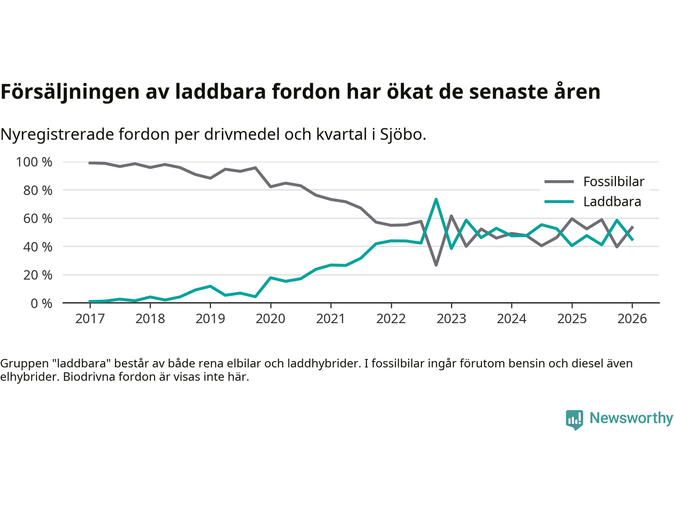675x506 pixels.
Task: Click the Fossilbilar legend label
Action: click(613, 182)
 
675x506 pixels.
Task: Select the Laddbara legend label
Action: click(612, 202)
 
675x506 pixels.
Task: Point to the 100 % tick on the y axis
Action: click(34, 162)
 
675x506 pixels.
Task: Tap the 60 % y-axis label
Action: click(37, 218)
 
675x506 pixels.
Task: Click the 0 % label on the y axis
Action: click(41, 303)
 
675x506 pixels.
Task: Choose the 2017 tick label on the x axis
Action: click(90, 319)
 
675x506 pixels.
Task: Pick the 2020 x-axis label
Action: click(271, 319)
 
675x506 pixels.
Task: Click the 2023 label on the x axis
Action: click(451, 319)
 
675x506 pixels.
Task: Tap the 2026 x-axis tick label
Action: click(632, 319)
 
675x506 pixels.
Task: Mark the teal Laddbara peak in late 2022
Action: click(436, 199)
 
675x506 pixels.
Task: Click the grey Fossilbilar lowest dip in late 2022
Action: click(436, 265)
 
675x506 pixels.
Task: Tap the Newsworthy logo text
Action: click(631, 418)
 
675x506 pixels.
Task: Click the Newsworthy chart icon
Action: click(574, 420)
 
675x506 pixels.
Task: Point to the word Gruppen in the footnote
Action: click(24, 363)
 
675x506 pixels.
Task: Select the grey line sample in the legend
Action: click(558, 182)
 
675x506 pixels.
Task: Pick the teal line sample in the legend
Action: click(558, 202)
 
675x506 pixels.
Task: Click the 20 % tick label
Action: click(37, 275)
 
